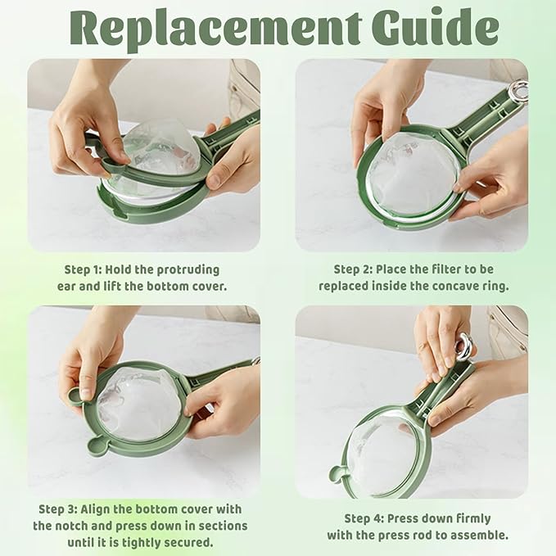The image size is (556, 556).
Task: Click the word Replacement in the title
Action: pos(215,29)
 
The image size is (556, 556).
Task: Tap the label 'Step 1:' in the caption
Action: pos(83,270)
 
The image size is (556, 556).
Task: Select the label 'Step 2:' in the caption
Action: pos(352,269)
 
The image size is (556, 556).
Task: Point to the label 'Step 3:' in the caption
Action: pos(58,509)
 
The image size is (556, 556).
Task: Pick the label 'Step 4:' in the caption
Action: pos(364,519)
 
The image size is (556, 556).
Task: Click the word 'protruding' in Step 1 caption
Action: pos(188,270)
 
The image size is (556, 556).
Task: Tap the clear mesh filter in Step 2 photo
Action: pos(410,173)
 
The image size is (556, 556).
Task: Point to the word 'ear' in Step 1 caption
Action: pos(66,287)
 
